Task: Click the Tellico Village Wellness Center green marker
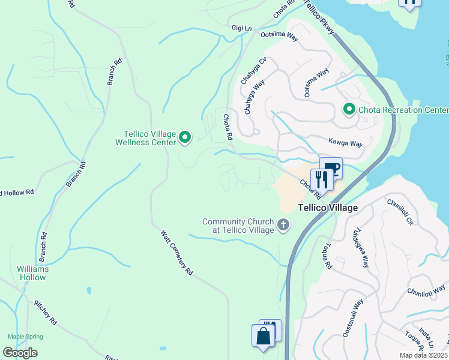pyautogui.click(x=185, y=138)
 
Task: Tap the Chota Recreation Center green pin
pyautogui.click(x=348, y=110)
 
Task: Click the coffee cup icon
pyautogui.click(x=331, y=169)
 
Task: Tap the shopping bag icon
pyautogui.click(x=263, y=335)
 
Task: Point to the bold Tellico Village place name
pyautogui.click(x=328, y=208)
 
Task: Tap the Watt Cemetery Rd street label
pyautogui.click(x=176, y=253)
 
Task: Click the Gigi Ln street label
pyautogui.click(x=241, y=28)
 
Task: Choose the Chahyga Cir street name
pyautogui.click(x=253, y=71)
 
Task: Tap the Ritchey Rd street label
pyautogui.click(x=45, y=312)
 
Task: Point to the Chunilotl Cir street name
pyautogui.click(x=400, y=212)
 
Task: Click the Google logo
pyautogui.click(x=20, y=353)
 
